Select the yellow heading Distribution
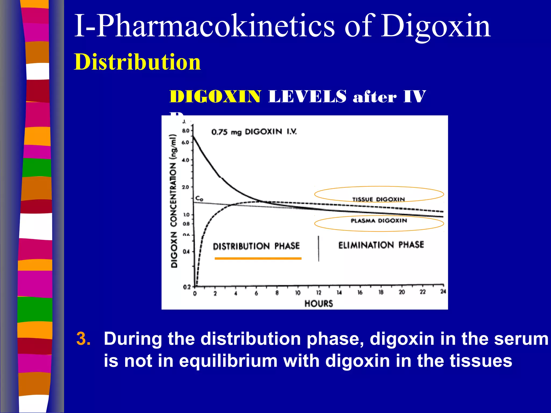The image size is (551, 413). point(137,62)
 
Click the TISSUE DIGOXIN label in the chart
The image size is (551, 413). point(379,199)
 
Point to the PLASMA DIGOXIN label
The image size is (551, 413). point(379,221)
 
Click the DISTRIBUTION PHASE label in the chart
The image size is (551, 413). point(256,246)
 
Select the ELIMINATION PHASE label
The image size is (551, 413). point(381,245)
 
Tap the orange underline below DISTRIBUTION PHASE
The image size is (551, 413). point(258,258)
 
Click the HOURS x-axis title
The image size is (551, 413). point(319,304)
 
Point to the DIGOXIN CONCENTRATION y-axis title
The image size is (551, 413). point(174,201)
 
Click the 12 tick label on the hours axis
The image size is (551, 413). point(319,293)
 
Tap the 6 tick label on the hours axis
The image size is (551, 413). point(256,293)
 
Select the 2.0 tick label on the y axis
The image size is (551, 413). point(186,187)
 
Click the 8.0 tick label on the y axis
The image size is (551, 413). point(186,131)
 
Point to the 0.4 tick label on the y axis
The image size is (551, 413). point(186,252)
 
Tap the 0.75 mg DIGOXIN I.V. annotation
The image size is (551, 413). point(254,132)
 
